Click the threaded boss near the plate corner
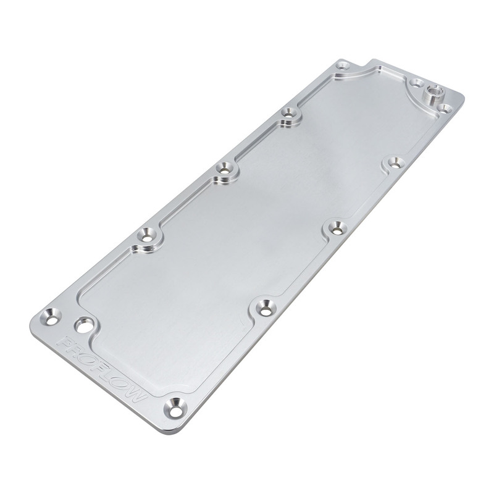coord(433,94)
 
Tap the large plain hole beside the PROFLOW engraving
coord(84,324)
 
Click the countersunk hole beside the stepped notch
coord(343,66)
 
